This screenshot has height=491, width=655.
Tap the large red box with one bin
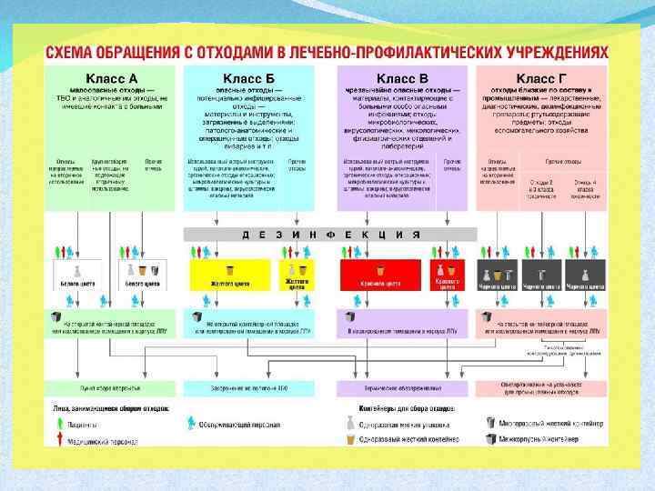pyautogui.click(x=380, y=274)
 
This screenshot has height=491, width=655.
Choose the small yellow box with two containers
pyautogui.click(x=297, y=274)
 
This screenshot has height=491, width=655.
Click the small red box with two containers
pyautogui.click(x=447, y=274)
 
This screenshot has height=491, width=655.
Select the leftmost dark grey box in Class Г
pyautogui.click(x=499, y=274)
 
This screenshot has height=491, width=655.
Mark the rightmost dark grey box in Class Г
pyautogui.click(x=586, y=274)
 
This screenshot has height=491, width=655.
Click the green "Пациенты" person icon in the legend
pyautogui.click(x=57, y=425)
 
